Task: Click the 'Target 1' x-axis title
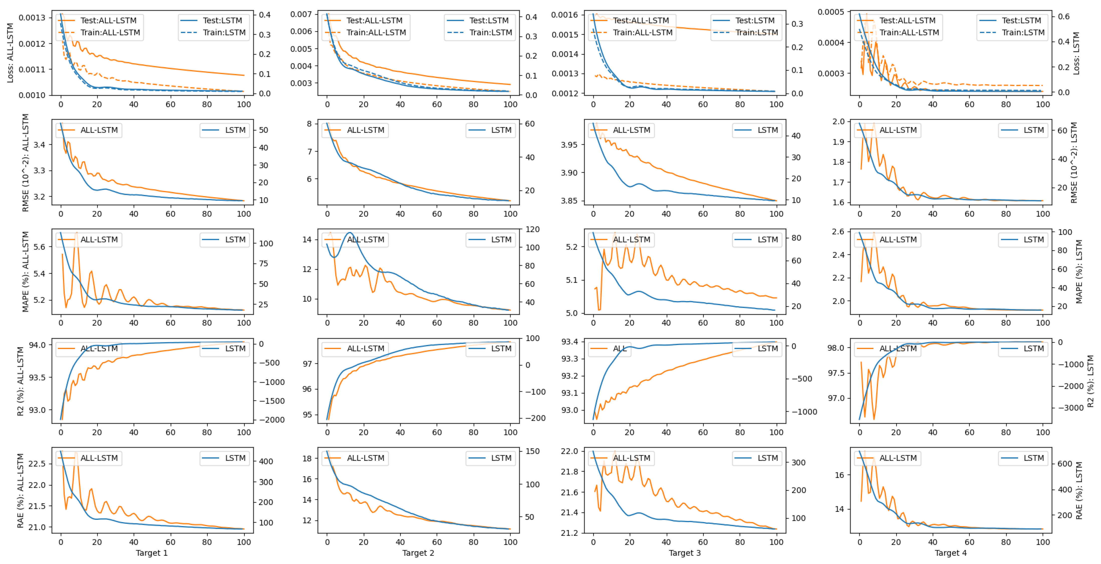(152, 553)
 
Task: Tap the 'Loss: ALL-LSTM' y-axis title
(10, 53)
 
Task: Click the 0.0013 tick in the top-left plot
(32, 18)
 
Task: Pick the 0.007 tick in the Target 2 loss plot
(301, 14)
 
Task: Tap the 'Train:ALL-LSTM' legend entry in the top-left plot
(110, 33)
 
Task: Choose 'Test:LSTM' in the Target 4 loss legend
(1022, 21)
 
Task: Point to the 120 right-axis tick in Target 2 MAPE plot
(533, 229)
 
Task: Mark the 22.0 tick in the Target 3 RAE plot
(569, 451)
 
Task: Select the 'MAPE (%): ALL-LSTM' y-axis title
(26, 272)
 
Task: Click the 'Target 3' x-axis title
(685, 553)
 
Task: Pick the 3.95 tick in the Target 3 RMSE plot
(569, 145)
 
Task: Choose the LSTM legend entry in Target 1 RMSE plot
(235, 130)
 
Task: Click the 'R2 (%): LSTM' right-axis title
(1090, 381)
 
